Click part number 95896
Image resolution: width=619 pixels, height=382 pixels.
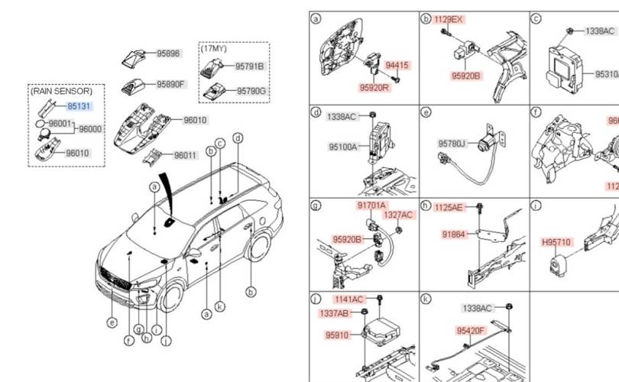click(168, 54)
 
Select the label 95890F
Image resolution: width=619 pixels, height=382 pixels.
click(171, 84)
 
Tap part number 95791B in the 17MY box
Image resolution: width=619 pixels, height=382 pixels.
click(249, 67)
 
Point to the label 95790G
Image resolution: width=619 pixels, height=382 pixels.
click(250, 92)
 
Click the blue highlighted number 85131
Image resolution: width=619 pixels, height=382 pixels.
click(78, 108)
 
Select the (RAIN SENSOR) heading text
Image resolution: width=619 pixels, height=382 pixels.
click(61, 91)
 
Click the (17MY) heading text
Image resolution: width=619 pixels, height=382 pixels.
click(214, 49)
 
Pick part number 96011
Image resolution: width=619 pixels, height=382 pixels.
click(185, 156)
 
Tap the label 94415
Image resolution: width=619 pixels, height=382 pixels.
click(397, 66)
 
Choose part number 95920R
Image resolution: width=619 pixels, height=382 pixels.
click(375, 88)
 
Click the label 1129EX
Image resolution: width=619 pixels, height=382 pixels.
click(449, 19)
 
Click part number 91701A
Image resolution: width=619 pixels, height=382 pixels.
click(371, 206)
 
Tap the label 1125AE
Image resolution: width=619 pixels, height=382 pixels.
click(449, 207)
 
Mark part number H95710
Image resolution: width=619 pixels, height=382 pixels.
click(556, 242)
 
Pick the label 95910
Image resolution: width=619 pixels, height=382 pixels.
click(336, 335)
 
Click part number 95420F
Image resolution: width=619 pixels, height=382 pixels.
click(471, 331)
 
